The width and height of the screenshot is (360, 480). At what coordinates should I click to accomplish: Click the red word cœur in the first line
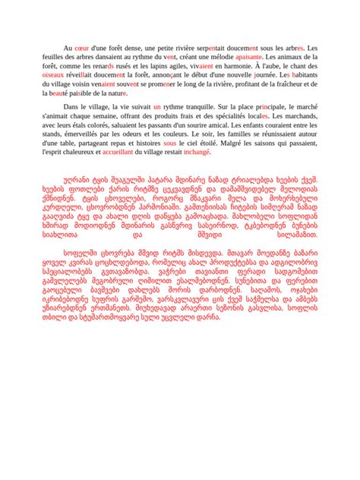pos(82,47)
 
